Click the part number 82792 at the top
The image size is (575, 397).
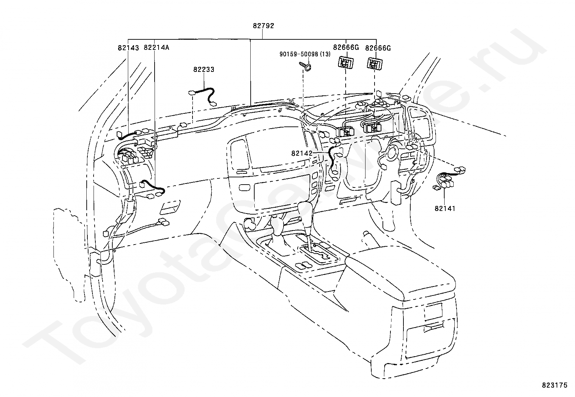(x=263, y=26)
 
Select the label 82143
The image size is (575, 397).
(x=128, y=48)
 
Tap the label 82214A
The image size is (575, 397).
(x=156, y=48)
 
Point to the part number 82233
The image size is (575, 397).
(x=204, y=69)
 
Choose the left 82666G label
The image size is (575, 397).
(x=346, y=47)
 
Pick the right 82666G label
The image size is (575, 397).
(x=378, y=48)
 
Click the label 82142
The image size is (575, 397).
(x=302, y=153)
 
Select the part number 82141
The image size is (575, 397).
(x=445, y=208)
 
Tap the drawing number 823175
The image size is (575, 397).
(x=554, y=385)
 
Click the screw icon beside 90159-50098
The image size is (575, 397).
(x=305, y=66)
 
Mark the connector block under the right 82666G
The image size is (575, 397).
(x=375, y=64)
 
